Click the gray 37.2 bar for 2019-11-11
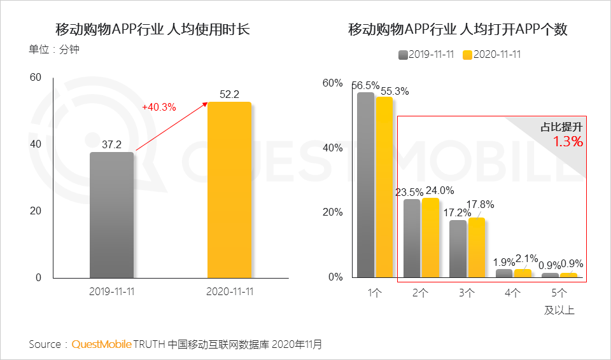tap(111, 215)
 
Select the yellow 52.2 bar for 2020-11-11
tap(230, 190)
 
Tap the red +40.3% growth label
tap(158, 107)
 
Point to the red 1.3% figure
tap(568, 141)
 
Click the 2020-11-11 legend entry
tap(491, 55)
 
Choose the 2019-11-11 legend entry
tap(426, 55)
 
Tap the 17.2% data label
tap(456, 212)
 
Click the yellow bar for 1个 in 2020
tap(384, 187)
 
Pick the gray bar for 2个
tap(412, 239)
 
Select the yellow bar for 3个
tap(477, 247)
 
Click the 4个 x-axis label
tap(512, 293)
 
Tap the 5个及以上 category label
tap(559, 301)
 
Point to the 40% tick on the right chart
tap(333, 148)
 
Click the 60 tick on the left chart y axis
tap(36, 78)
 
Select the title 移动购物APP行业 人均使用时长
tap(153, 29)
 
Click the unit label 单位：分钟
tap(54, 50)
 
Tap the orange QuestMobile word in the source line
tap(102, 344)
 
